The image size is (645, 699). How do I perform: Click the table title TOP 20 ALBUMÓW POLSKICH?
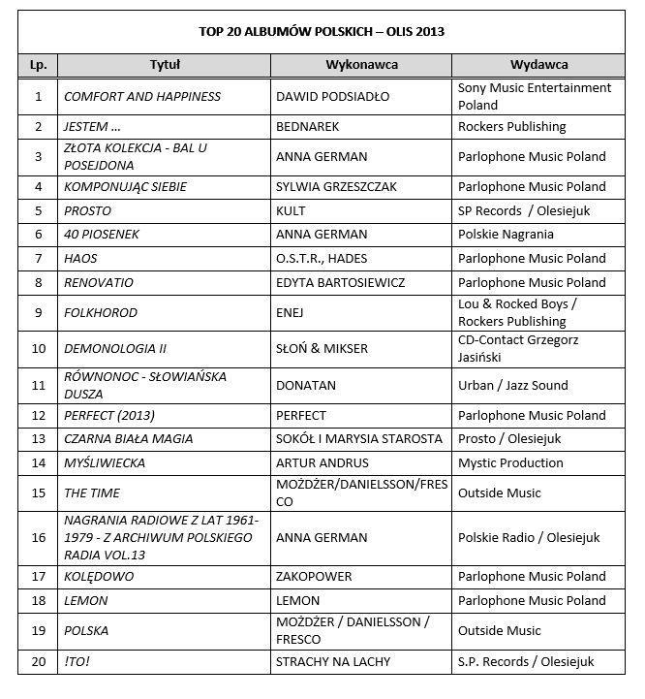pyautogui.click(x=322, y=31)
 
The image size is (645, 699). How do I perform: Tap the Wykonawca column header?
pyautogui.click(x=361, y=64)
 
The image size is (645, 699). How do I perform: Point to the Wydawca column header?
pyautogui.click(x=538, y=64)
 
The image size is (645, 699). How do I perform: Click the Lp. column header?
pyautogui.click(x=39, y=64)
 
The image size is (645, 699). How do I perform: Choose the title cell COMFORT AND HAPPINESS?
pyautogui.click(x=142, y=97)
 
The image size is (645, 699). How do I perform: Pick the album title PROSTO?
pyautogui.click(x=88, y=211)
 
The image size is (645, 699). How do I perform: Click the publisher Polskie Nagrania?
pyautogui.click(x=505, y=235)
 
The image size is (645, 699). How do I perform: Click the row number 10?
pyautogui.click(x=39, y=348)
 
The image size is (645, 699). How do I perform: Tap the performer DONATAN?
pyautogui.click(x=306, y=385)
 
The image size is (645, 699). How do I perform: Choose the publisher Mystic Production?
pyautogui.click(x=510, y=463)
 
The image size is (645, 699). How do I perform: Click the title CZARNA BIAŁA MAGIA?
pyautogui.click(x=129, y=439)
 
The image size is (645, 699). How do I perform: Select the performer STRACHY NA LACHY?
pyautogui.click(x=337, y=662)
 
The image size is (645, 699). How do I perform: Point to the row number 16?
pyautogui.click(x=39, y=536)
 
